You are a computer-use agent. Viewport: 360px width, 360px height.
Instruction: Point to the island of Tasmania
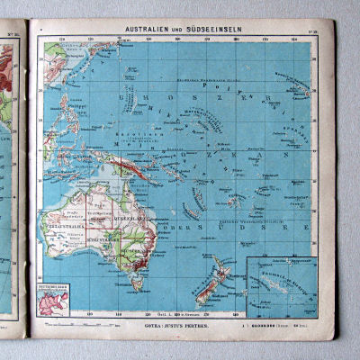(138, 283)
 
